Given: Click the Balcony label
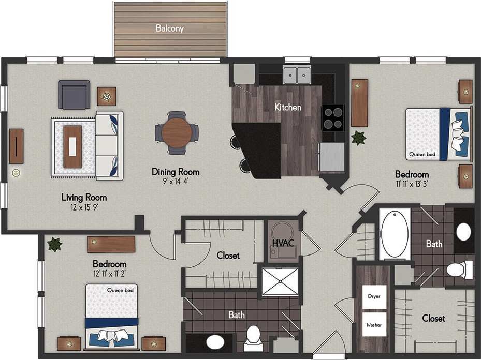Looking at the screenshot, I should coord(170,29).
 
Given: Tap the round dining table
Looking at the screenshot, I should coord(177,133).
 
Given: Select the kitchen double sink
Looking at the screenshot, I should coord(297,75).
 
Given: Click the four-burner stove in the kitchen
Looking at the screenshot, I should coord(333,118).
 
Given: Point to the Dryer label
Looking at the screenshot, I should coord(374,297).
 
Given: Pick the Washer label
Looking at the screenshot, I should coord(374,325).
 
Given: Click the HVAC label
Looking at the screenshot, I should coord(283,244).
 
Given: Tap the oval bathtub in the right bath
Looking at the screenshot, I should coord(396,234).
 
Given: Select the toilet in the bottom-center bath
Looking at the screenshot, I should coord(254,335).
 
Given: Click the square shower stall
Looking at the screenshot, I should coord(280,282).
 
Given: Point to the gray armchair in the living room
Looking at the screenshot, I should coord(74,95).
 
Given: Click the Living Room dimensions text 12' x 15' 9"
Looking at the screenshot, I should coord(84,207).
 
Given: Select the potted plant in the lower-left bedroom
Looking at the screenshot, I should coord(54,244).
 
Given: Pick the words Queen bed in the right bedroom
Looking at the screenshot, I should coord(422,154).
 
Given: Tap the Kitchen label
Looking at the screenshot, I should coord(288,108).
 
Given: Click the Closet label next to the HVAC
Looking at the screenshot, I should coord(228,255).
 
